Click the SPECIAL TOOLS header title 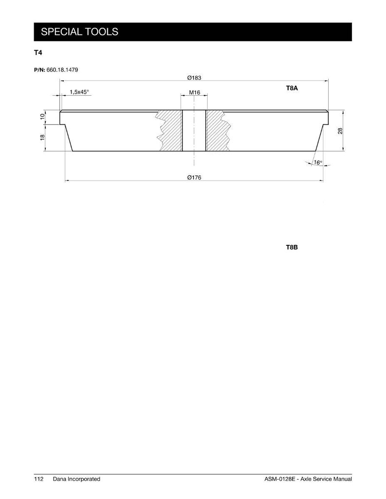tap(79, 32)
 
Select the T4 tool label tap(38, 53)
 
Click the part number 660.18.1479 tap(62, 69)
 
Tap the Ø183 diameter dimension tap(194, 78)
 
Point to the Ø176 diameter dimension tap(194, 177)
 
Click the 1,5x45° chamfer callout tap(79, 92)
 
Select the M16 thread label tap(194, 93)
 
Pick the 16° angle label tap(318, 163)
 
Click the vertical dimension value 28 tap(340, 131)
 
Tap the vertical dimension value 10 tap(42, 117)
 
